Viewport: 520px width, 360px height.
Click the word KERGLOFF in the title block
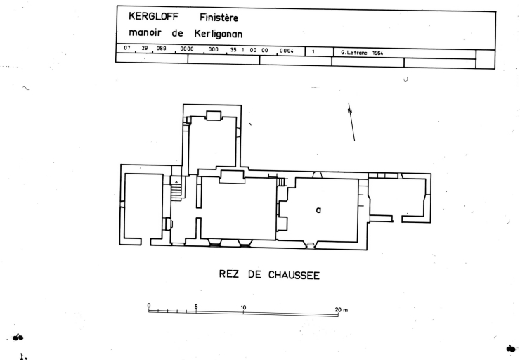(x=154, y=16)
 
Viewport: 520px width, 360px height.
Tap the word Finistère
(x=219, y=18)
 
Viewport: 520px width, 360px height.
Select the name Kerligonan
(x=219, y=34)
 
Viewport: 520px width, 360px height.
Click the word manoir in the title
(x=145, y=32)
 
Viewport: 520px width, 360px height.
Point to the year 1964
(x=378, y=53)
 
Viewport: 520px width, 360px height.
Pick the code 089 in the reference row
(x=161, y=48)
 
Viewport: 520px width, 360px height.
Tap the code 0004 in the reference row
(x=287, y=51)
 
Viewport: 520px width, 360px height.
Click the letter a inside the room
(x=318, y=210)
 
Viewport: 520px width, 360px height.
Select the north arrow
(x=351, y=122)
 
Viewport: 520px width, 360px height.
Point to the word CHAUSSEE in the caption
(x=294, y=275)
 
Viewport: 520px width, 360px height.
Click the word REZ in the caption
(x=228, y=274)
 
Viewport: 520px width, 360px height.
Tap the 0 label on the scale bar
(x=149, y=306)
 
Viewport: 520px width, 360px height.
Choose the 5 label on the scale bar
(x=196, y=307)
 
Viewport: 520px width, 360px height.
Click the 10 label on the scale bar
(x=243, y=307)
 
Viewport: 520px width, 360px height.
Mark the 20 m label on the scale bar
(x=342, y=310)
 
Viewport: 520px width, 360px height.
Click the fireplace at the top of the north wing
(x=214, y=116)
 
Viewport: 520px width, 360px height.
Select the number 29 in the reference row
(x=145, y=48)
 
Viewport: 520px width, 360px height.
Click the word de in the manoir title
(x=177, y=33)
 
